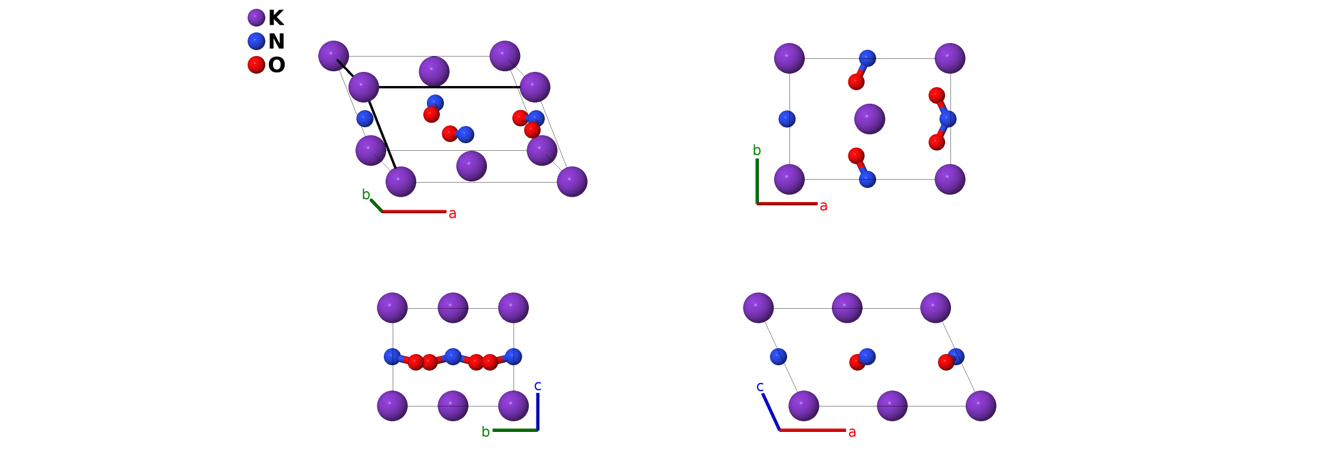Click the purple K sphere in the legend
pos(256,18)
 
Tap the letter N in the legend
pos(276,41)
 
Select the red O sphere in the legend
pos(256,64)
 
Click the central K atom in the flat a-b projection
pos(869,119)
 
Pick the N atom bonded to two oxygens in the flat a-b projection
pos(947,119)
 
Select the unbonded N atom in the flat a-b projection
pos(786,119)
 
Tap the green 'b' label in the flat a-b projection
pos(756,151)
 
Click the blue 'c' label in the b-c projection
pos(538,386)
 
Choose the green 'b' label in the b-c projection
pos(485,432)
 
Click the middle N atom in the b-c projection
pos(453,356)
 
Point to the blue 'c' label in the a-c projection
pos(760,386)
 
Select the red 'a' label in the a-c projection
pos(852,432)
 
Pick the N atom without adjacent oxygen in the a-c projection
pos(778,356)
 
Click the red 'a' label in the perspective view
pos(452,214)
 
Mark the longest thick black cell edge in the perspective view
pos(449,87)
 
